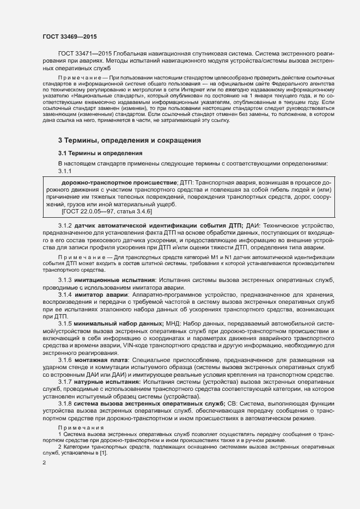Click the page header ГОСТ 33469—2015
tap(70, 36)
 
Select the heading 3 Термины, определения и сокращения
tap(130, 140)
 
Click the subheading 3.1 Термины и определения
tap(100, 153)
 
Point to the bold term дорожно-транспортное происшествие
tap(119, 181)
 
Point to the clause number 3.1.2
tap(65, 225)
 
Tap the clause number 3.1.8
tap(65, 403)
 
